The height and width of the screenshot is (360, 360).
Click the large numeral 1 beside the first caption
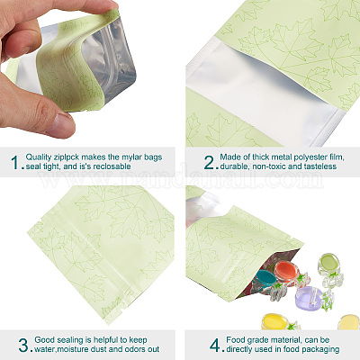(x=15, y=162)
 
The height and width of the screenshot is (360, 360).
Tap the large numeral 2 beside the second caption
(x=209, y=162)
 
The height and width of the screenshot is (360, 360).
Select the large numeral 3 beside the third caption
(x=23, y=346)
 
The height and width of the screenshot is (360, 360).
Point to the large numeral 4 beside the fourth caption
(x=215, y=346)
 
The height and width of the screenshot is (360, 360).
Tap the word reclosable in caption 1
(x=112, y=166)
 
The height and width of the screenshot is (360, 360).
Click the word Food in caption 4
(x=235, y=340)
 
